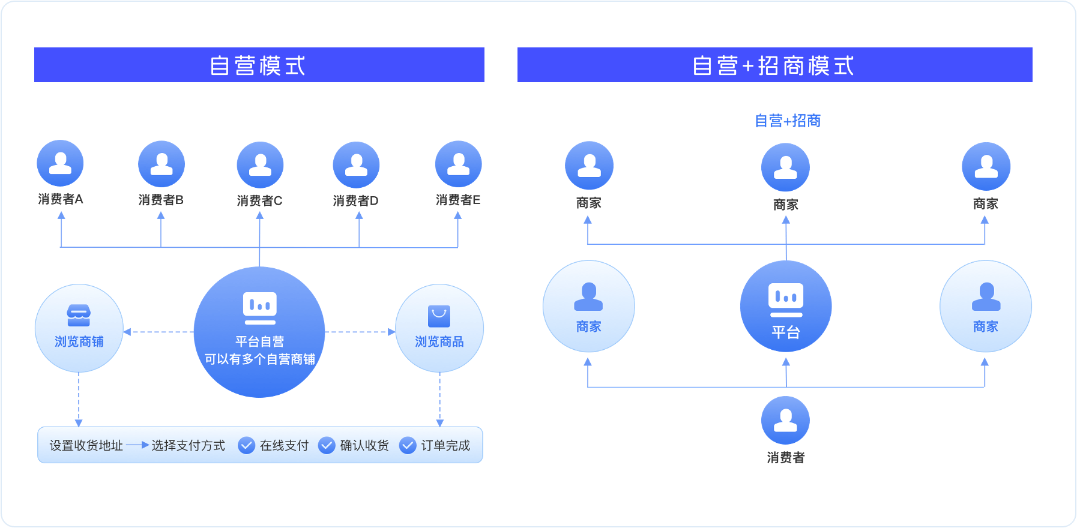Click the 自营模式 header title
click(x=258, y=65)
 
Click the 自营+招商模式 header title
click(x=773, y=65)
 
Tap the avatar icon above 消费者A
click(x=60, y=163)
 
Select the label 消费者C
click(x=259, y=201)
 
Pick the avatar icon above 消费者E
click(x=458, y=164)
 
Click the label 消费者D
click(x=355, y=201)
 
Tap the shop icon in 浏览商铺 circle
click(x=79, y=315)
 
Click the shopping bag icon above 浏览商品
click(x=439, y=316)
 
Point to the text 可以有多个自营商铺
click(x=259, y=359)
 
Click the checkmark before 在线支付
click(x=246, y=445)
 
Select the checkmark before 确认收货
click(x=327, y=445)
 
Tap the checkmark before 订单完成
click(x=408, y=445)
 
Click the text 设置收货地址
click(x=86, y=445)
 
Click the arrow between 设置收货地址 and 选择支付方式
click(x=137, y=445)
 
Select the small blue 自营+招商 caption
click(x=787, y=121)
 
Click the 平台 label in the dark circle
click(x=785, y=332)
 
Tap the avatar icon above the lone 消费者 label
click(x=785, y=420)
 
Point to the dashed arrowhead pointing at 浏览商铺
click(x=127, y=332)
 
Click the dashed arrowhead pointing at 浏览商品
click(x=391, y=332)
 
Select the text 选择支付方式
click(x=188, y=445)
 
